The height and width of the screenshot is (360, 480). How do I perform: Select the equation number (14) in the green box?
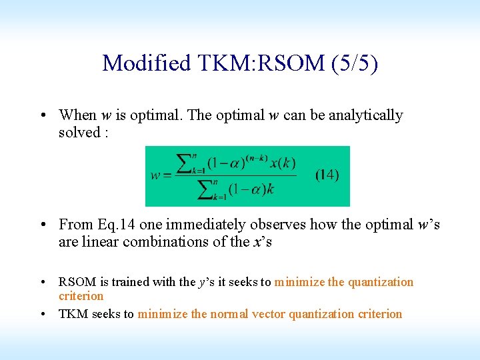(x=327, y=175)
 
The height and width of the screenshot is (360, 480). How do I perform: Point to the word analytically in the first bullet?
(x=365, y=115)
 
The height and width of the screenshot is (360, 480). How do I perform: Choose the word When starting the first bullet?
(x=77, y=115)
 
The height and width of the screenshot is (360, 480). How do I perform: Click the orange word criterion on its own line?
(x=81, y=296)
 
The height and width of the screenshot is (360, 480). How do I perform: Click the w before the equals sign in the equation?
(x=155, y=175)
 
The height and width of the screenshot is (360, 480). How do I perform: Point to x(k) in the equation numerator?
(x=284, y=163)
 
